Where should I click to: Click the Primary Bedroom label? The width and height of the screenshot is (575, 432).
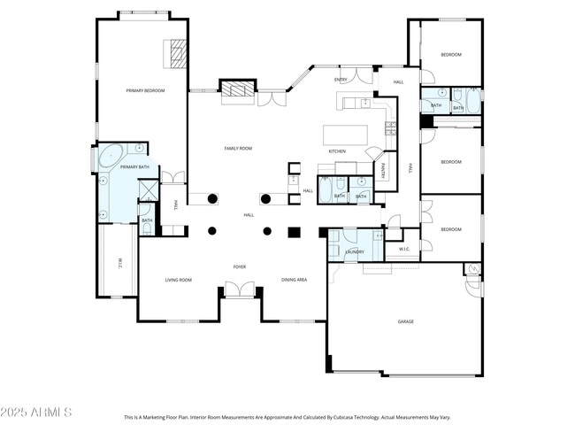pos(144,90)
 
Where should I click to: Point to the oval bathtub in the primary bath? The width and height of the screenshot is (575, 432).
pos(111,158)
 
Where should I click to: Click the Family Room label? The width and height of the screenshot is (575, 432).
pos(239,148)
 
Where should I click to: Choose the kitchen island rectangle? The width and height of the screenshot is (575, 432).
pos(346,135)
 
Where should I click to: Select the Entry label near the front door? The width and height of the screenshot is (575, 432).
pos(341,80)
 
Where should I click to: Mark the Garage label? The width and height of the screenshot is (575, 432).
pos(405,321)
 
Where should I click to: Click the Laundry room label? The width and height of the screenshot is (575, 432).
pos(355,251)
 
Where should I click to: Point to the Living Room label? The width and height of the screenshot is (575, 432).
pos(178,280)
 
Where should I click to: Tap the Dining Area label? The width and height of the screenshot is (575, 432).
pos(295,280)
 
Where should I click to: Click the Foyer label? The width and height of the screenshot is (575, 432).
pos(239,266)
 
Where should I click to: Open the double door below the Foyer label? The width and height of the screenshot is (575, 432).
pos(239,289)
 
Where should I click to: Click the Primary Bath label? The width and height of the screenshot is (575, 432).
pos(134,166)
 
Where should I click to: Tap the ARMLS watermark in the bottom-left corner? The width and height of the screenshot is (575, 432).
pos(37,413)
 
